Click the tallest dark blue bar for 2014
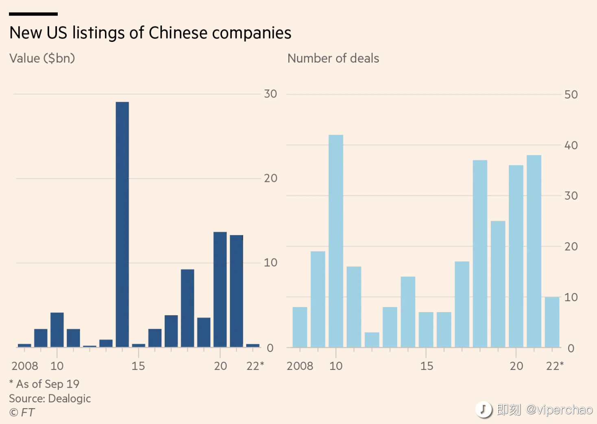(122, 224)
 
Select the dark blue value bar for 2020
(220, 289)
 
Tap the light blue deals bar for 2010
(336, 241)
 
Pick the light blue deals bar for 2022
(552, 322)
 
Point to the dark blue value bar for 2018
(187, 308)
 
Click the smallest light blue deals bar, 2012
(372, 339)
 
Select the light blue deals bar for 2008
(300, 327)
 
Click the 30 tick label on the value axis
(270, 94)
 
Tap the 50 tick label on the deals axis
(571, 94)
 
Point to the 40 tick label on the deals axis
(571, 145)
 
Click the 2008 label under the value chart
(25, 366)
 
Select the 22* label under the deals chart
(555, 366)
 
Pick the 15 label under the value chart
(138, 366)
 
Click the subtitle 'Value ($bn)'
(42, 59)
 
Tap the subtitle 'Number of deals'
(333, 58)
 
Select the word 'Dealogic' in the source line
(70, 399)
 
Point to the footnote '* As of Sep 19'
(44, 384)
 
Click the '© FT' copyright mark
(22, 413)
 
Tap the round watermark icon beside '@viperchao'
(484, 410)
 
